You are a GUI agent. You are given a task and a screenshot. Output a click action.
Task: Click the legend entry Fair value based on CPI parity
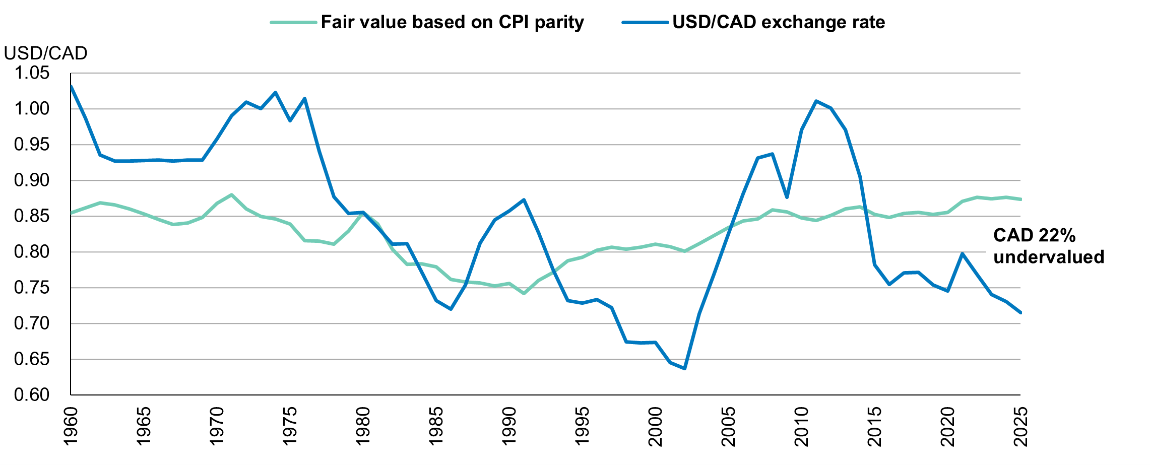[x=452, y=23]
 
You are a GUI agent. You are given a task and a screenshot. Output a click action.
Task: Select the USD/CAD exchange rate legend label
[x=778, y=23]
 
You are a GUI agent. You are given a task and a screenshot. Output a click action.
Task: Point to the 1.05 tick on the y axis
[x=32, y=74]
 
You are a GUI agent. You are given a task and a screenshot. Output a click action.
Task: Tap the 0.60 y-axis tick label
[x=32, y=395]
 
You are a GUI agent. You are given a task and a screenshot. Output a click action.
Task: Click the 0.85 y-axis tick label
[x=32, y=216]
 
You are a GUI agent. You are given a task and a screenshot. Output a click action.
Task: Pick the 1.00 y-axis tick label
[x=32, y=109]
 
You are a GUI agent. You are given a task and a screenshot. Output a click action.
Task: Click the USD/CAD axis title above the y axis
[x=45, y=53]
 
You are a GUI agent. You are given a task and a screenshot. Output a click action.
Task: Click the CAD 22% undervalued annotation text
[x=1048, y=246]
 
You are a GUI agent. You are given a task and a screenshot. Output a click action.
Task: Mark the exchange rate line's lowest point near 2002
[x=684, y=369]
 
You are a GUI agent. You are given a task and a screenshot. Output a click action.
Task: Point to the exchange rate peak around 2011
[x=816, y=101]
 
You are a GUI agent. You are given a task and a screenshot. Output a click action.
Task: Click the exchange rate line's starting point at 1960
[x=71, y=86]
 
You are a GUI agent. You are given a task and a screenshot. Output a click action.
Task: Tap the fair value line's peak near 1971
[x=231, y=194]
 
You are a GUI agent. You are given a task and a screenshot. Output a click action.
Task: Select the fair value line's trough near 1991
[x=524, y=294]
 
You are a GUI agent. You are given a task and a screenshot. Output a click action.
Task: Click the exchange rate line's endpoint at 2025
[x=1020, y=313]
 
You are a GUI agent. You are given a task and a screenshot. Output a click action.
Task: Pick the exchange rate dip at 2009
[x=787, y=197]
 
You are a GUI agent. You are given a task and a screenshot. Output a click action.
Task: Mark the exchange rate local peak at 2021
[x=962, y=253]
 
